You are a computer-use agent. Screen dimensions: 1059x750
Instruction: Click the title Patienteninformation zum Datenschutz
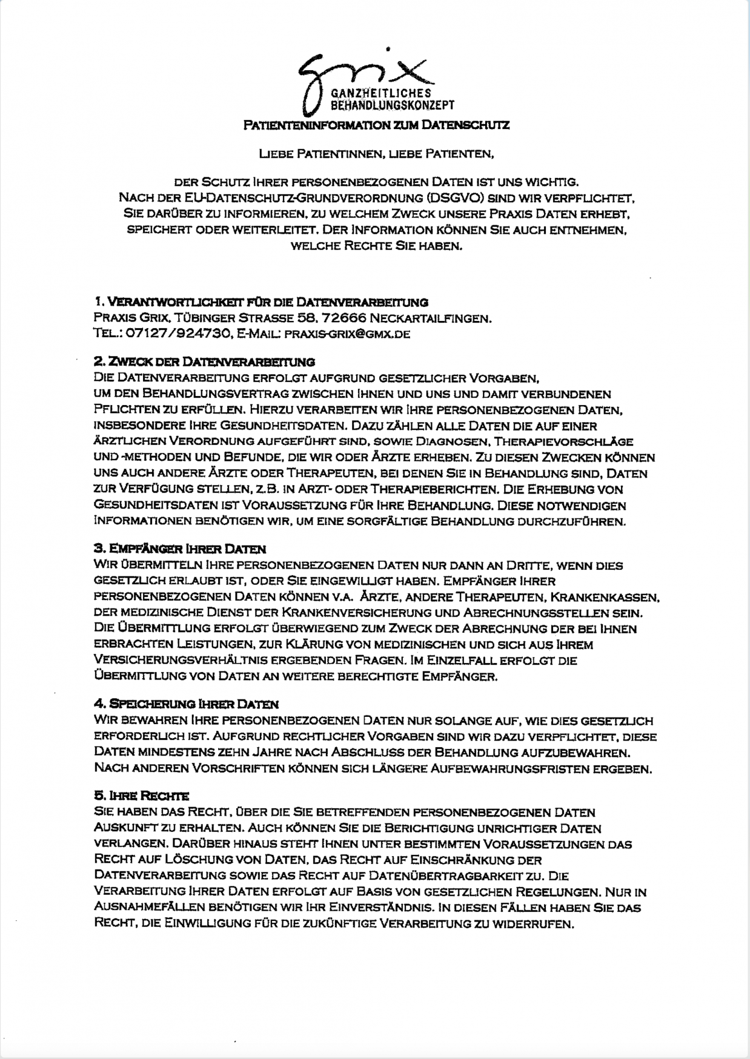pyautogui.click(x=376, y=125)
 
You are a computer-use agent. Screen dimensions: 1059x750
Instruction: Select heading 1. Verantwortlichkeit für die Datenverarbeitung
pyautogui.click(x=262, y=302)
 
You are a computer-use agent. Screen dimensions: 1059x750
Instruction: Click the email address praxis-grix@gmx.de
pyautogui.click(x=347, y=334)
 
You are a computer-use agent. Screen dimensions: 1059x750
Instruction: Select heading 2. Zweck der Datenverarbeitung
pyautogui.click(x=204, y=363)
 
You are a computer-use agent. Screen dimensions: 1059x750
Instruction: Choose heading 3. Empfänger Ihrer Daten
pyautogui.click(x=180, y=550)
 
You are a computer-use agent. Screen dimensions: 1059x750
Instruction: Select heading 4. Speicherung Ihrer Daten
pyautogui.click(x=187, y=705)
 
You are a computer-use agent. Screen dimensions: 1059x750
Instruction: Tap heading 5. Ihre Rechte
pyautogui.click(x=142, y=796)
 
